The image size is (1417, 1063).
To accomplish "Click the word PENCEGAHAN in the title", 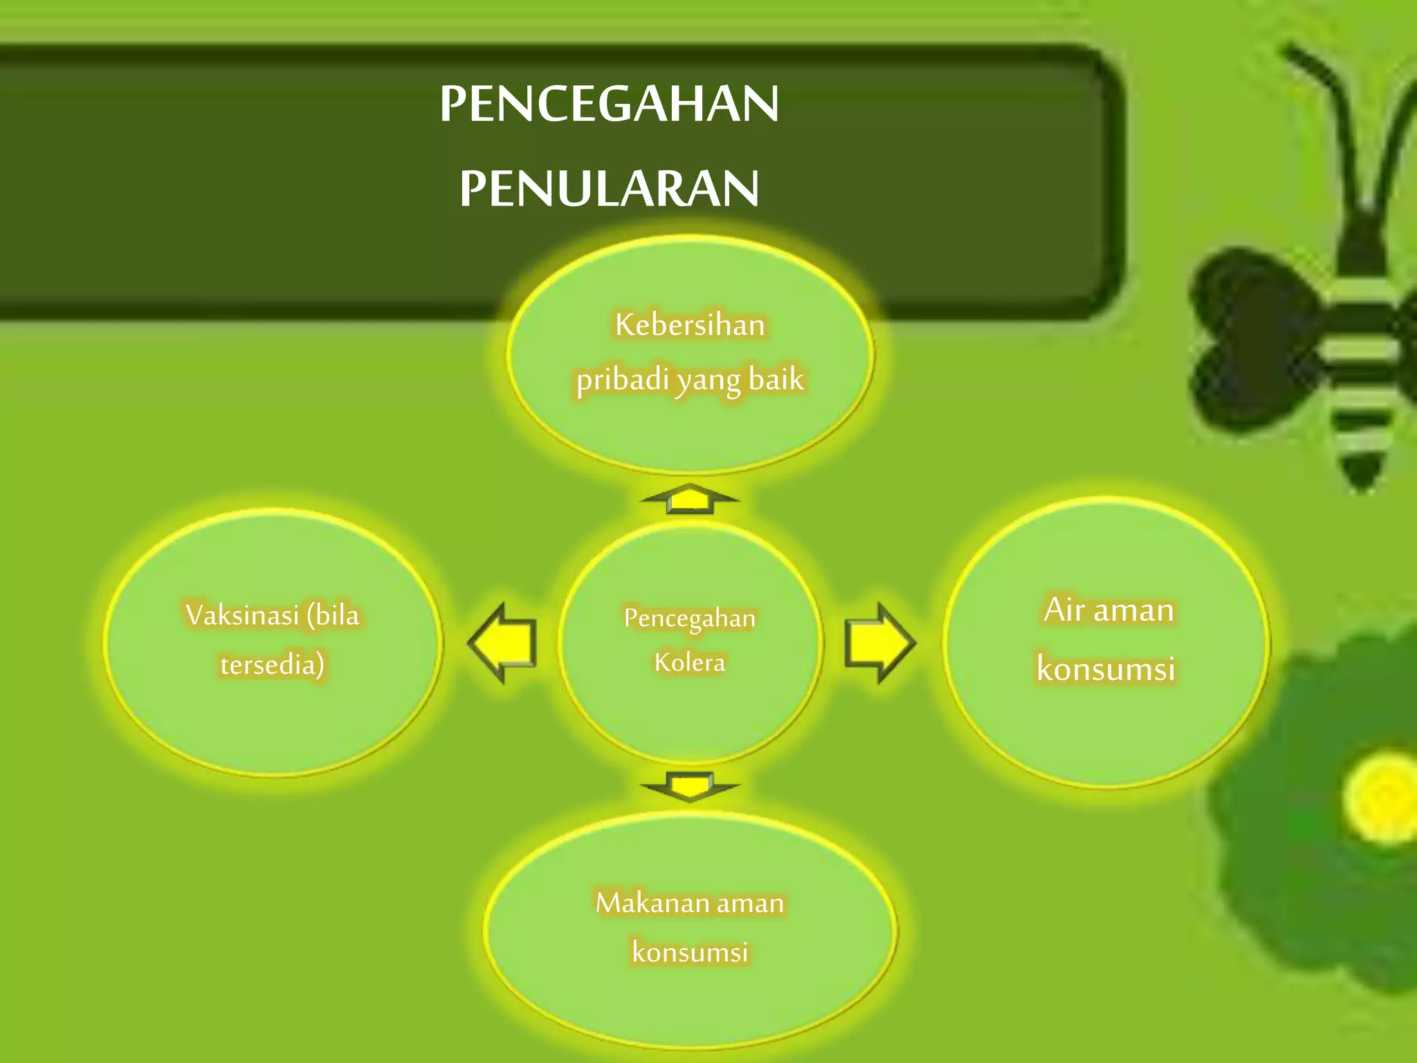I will click(x=609, y=104).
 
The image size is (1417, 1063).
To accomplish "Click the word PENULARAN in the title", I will click(x=609, y=188).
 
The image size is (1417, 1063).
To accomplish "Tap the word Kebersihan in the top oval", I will click(x=690, y=325).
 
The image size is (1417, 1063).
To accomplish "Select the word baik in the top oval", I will click(x=776, y=379).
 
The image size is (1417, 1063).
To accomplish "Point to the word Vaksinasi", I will click(x=242, y=615).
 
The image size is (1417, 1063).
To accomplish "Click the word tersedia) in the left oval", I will click(x=272, y=664).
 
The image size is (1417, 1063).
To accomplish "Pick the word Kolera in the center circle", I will click(x=690, y=662).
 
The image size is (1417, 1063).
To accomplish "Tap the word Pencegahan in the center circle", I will click(x=690, y=618).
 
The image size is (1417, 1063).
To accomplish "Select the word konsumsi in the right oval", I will click(x=1106, y=669).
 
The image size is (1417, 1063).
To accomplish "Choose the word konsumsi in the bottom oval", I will click(x=690, y=952).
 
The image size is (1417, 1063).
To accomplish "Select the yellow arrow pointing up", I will click(x=690, y=498).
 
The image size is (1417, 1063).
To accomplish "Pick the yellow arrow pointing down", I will click(x=690, y=786).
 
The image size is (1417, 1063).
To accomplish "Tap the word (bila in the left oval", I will click(x=333, y=615).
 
